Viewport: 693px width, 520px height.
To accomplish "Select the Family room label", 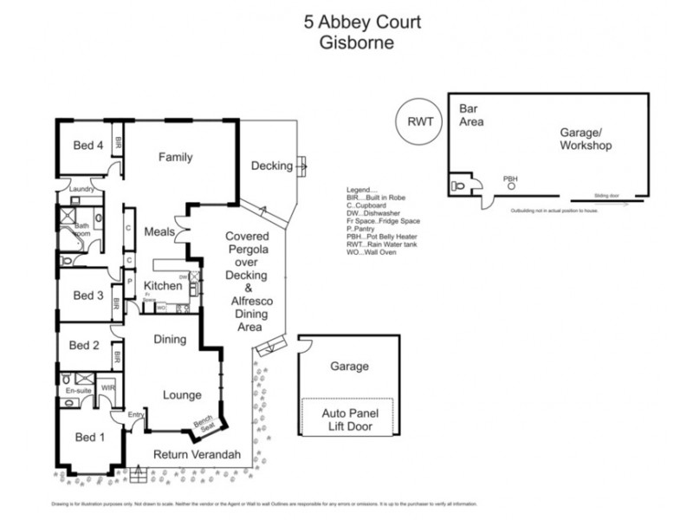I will (x=175, y=157).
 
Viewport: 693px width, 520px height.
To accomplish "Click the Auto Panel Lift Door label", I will (x=346, y=420).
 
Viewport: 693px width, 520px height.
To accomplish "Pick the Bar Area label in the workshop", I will (x=471, y=115).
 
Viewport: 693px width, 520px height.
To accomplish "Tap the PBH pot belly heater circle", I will (x=511, y=185).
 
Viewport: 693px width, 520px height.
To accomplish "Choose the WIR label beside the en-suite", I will (x=108, y=387).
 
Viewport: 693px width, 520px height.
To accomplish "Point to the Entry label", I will (x=136, y=415).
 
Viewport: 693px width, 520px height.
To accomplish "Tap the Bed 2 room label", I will (x=84, y=345).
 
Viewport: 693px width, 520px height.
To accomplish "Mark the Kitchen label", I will (x=162, y=285).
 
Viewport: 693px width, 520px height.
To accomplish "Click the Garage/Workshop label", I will (x=585, y=139).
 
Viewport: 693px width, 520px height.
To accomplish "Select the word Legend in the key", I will (x=361, y=189).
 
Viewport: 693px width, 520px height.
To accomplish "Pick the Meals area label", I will (x=161, y=231).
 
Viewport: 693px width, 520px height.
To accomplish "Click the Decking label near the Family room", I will (x=271, y=166).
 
